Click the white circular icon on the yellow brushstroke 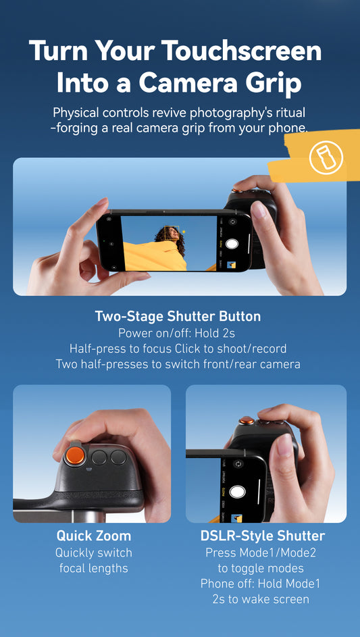326,158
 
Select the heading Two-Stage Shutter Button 178,316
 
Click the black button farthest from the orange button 119,457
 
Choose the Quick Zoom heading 94,536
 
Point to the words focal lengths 94,568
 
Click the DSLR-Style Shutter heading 263,536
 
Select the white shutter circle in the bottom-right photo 237,491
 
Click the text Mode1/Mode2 274,553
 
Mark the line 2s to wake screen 263,599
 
